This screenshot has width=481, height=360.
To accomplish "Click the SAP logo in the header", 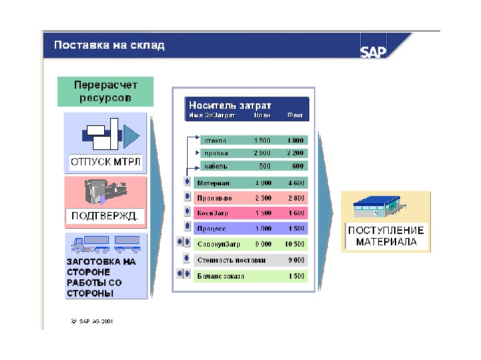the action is click(373, 51).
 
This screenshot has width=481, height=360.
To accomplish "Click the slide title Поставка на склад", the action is click(109, 46).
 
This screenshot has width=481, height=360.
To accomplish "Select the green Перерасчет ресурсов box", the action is click(105, 91).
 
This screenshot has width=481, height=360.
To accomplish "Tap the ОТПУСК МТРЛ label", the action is click(105, 161).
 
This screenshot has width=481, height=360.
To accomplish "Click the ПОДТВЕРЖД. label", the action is click(105, 215).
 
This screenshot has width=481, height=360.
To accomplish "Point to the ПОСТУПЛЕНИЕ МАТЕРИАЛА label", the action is click(385, 237).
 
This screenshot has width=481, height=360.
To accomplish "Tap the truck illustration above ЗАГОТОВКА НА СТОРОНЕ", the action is click(106, 244).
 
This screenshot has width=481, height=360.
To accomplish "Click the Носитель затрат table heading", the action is click(230, 105).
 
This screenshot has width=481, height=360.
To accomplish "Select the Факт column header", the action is click(295, 115).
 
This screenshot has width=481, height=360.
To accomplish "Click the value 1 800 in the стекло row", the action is click(295, 141).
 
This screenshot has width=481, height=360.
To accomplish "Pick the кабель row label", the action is click(216, 166).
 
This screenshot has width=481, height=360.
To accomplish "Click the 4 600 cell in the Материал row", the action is click(295, 183).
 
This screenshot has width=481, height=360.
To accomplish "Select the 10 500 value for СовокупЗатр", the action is click(294, 244).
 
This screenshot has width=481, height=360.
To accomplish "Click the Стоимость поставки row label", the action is click(231, 259).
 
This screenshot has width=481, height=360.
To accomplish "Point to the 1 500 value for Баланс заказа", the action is click(295, 275).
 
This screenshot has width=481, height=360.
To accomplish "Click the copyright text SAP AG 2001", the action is click(93, 321).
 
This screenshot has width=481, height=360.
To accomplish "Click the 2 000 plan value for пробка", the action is click(262, 153).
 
